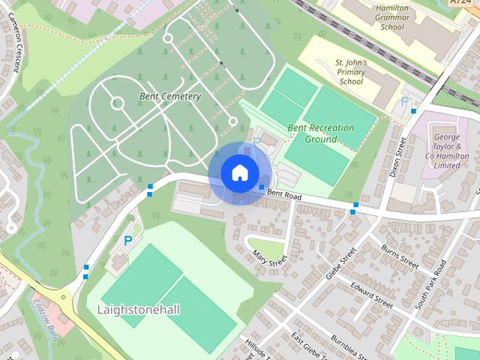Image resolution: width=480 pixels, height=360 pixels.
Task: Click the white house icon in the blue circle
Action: pyautogui.click(x=239, y=172)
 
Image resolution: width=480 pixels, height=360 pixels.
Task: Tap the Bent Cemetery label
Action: pyautogui.click(x=170, y=97)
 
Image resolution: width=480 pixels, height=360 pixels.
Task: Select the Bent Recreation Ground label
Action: pyautogui.click(x=321, y=133)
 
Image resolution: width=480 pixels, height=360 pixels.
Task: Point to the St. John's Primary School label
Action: pyautogui.click(x=350, y=71)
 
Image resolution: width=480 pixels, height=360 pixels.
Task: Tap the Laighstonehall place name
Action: pyautogui.click(x=139, y=309)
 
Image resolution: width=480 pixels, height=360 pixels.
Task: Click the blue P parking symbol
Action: pyautogui.click(x=128, y=241)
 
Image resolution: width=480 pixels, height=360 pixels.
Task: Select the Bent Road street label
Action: pyautogui.click(x=283, y=196)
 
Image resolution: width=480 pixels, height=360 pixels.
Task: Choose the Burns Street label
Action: pyautogui.click(x=399, y=256)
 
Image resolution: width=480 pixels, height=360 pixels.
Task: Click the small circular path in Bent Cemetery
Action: pyautogui.click(x=117, y=103)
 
